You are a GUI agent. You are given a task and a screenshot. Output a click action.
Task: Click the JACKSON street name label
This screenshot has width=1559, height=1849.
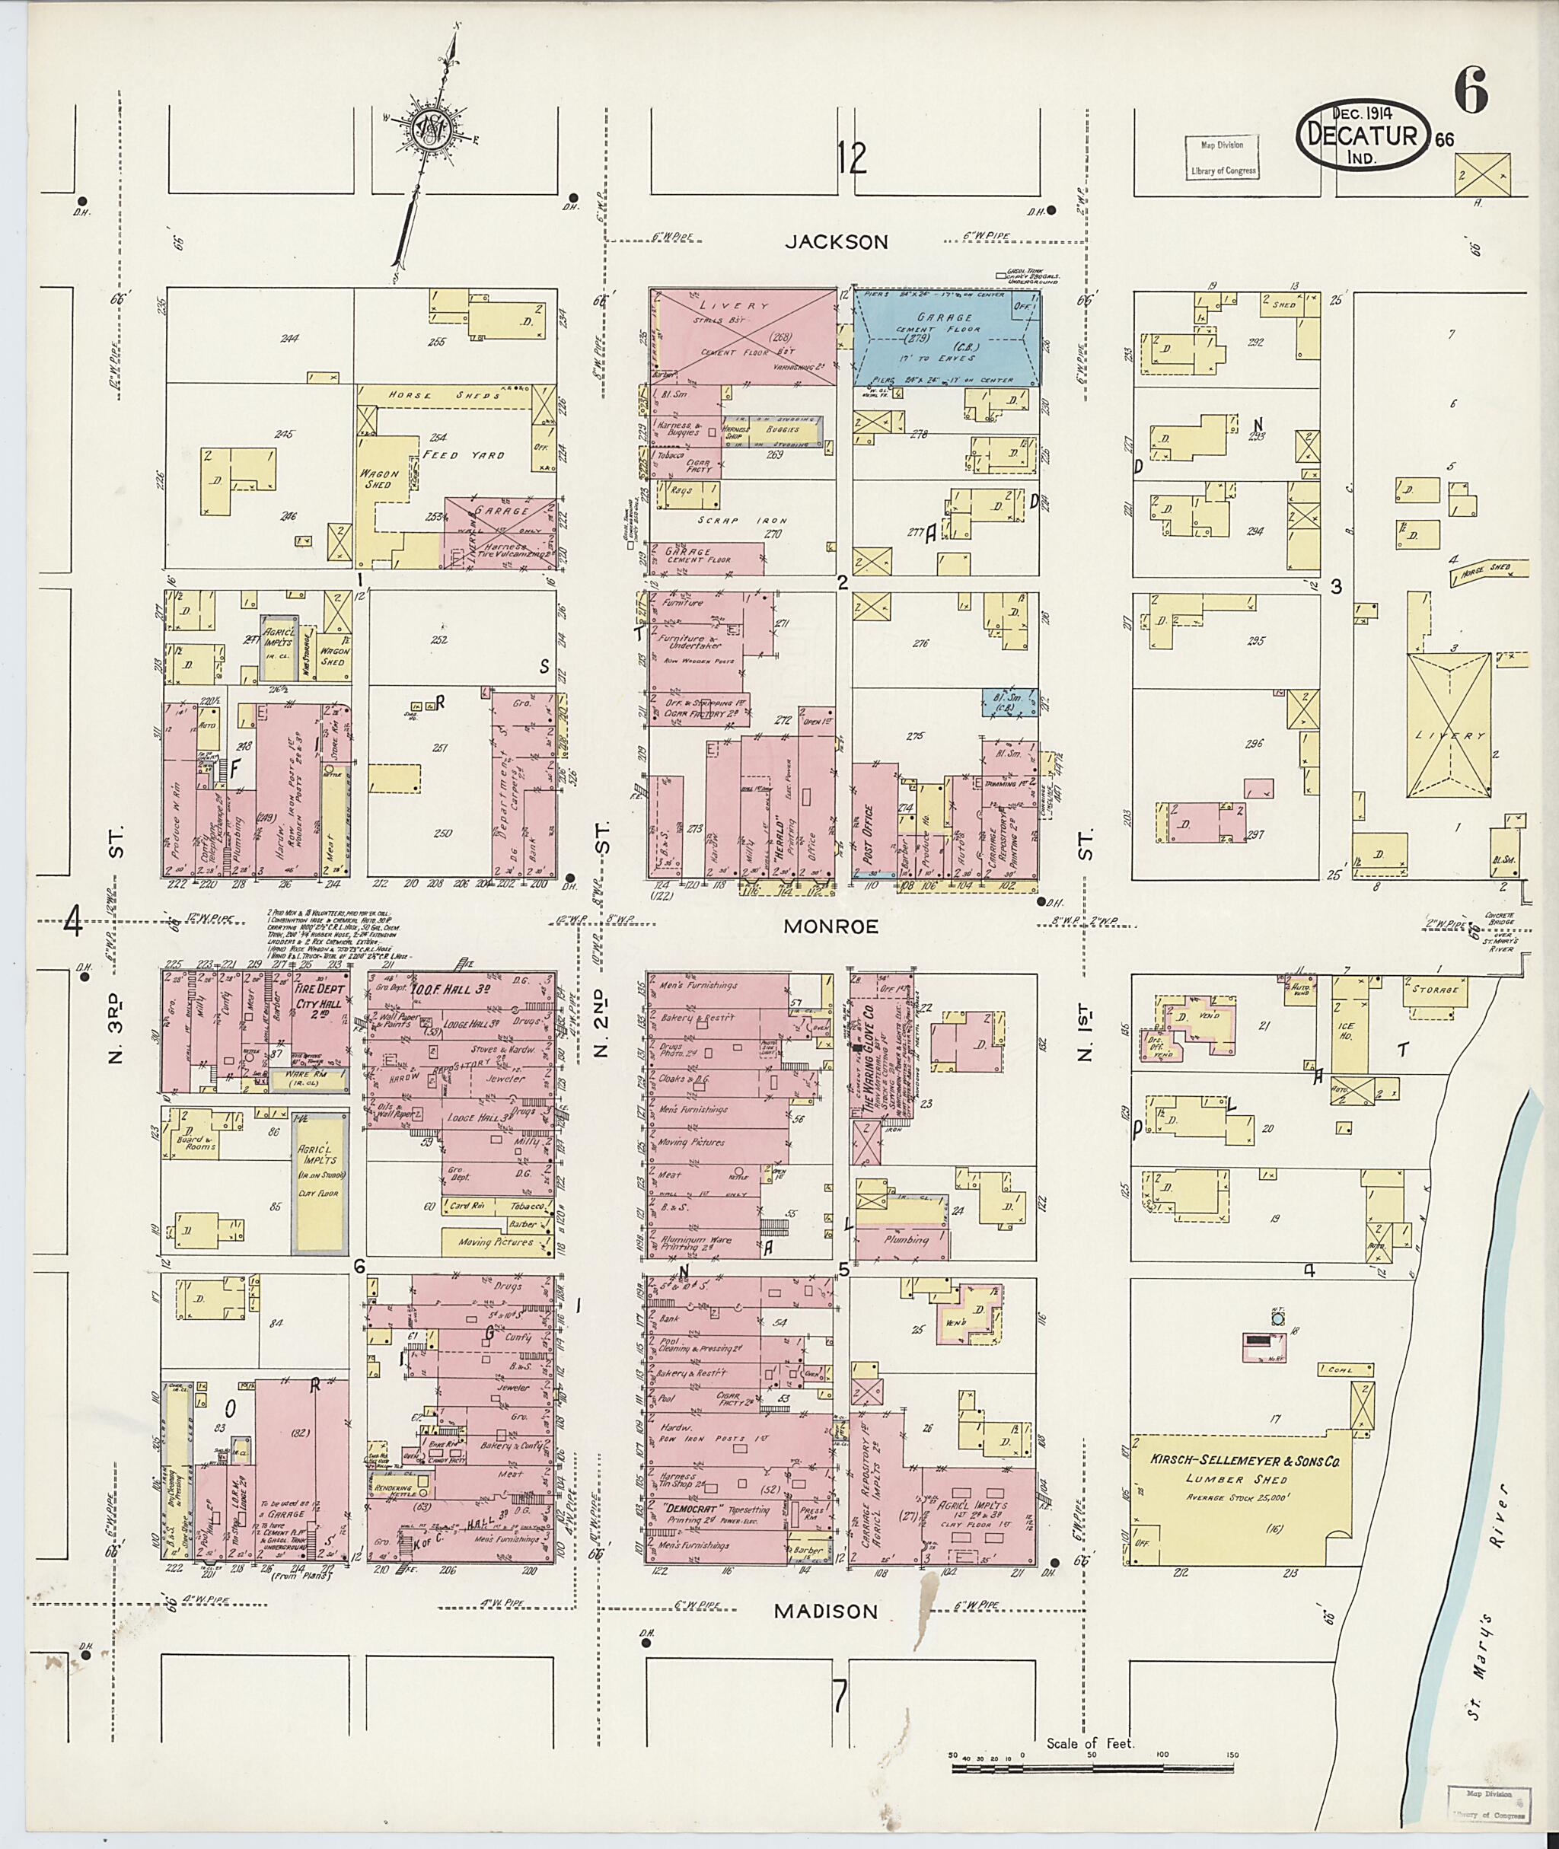837,243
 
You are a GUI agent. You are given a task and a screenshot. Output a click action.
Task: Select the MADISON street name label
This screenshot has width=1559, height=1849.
827,1611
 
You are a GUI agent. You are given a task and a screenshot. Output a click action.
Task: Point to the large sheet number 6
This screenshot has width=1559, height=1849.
1470,91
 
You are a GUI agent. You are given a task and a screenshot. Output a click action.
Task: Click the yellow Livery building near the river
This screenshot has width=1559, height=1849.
1450,735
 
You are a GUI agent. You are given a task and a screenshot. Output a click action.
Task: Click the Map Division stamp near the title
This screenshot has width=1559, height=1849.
1223,158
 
